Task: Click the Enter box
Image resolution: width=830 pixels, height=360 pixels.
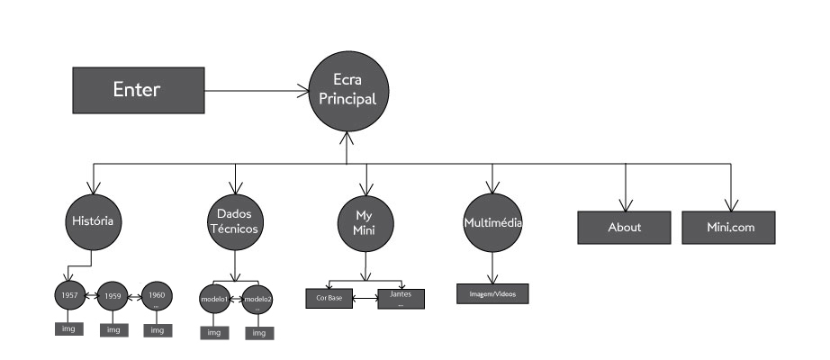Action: click(x=136, y=89)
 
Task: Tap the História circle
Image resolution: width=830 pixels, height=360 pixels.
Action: click(x=94, y=221)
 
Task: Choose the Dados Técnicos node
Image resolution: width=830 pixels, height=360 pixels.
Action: click(x=234, y=221)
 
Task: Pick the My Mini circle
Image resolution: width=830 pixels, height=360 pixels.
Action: click(x=365, y=221)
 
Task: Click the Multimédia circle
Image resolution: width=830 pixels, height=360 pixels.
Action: click(x=492, y=221)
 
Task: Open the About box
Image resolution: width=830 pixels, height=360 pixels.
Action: click(x=624, y=227)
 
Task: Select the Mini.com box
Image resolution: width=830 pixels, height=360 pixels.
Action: click(x=729, y=227)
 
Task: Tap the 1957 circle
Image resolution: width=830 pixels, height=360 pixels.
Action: click(x=67, y=295)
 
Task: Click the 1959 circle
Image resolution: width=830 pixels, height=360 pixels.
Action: click(x=113, y=295)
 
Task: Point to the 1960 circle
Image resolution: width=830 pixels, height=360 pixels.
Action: click(x=158, y=295)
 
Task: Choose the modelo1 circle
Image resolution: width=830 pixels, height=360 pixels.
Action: click(x=214, y=299)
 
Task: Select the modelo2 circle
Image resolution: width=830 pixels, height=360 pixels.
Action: click(x=258, y=299)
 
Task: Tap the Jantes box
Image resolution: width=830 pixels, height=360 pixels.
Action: click(x=401, y=298)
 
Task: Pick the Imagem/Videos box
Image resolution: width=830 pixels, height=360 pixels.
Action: click(x=492, y=294)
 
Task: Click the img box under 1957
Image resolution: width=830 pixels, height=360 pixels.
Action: click(x=68, y=328)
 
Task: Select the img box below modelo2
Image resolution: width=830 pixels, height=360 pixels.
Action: click(x=258, y=332)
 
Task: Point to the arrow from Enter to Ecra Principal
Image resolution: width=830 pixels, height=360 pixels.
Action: click(x=253, y=89)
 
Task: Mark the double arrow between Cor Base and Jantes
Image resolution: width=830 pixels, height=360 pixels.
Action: click(x=365, y=298)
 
